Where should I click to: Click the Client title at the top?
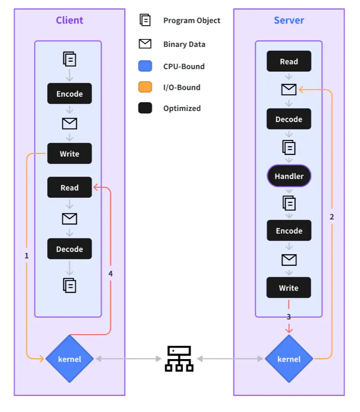coord(69,20)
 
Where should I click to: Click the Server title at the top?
coord(289,20)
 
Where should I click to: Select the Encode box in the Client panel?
coord(69,94)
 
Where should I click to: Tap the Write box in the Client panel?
coord(69,154)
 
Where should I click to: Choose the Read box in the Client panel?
coord(69,188)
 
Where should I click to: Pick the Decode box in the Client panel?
coord(69,249)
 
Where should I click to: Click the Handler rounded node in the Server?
coord(289,176)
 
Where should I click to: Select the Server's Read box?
coord(289,61)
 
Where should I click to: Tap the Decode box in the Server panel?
coord(289,119)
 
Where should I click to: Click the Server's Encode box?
coord(289,230)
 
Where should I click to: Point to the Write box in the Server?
coord(289,288)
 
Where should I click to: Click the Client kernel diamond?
coord(69,359)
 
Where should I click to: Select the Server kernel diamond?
coord(289,359)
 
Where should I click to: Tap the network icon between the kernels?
coord(179,359)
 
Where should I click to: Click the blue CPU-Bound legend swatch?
coord(145,66)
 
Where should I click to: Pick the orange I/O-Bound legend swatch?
coord(145,87)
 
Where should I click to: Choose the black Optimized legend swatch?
coord(145,108)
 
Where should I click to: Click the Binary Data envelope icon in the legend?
coord(145,44)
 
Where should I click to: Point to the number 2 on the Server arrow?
coord(332,216)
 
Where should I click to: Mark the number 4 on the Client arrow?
coord(111,273)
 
